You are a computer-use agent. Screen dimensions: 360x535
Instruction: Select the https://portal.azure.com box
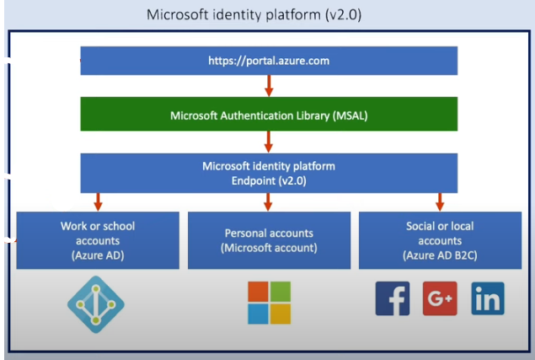tap(269, 61)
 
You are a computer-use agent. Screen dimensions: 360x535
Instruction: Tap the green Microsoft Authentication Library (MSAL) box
tap(269, 114)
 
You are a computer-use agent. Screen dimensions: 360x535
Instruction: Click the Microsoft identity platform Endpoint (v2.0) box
tap(269, 172)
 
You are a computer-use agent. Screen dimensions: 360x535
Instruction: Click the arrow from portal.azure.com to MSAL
tap(269, 86)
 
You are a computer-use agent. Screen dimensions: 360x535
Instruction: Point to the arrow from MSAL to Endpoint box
tap(269, 141)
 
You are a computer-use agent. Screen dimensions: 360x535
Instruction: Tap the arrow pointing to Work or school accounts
tap(98, 201)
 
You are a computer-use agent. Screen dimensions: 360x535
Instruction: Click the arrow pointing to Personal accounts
tap(269, 201)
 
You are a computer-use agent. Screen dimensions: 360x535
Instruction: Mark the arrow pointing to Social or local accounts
tap(439, 201)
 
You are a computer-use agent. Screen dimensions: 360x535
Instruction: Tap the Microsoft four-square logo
tap(269, 303)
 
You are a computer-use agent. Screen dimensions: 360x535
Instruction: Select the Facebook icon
tap(393, 298)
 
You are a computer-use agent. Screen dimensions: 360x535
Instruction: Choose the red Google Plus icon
tap(440, 298)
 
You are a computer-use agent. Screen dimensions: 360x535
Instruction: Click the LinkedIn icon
tap(487, 298)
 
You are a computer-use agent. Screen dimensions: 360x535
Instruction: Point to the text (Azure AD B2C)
tap(439, 254)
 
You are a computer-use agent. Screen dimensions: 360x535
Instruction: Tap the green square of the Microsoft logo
tap(281, 292)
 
